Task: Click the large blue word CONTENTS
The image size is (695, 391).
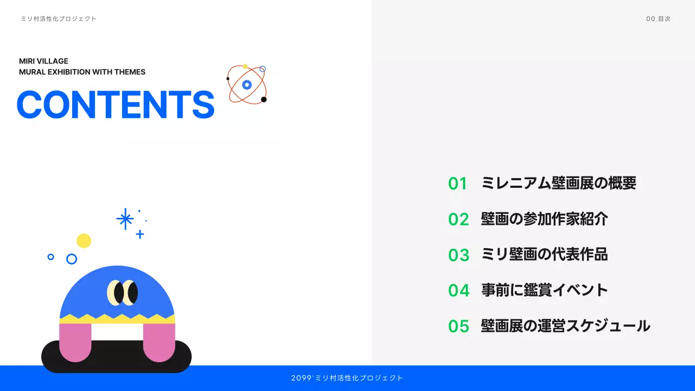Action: (116, 104)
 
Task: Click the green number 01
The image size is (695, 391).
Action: (458, 184)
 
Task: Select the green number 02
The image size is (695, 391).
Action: (458, 219)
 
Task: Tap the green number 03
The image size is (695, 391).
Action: (458, 255)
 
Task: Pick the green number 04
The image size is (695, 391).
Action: (458, 291)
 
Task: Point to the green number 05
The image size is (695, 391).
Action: (458, 326)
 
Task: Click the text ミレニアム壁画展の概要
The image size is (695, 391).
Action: (558, 183)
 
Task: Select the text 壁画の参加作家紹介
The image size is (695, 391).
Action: (544, 219)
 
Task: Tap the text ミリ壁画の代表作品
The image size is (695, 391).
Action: (544, 254)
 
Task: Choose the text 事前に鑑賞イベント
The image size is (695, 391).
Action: (544, 290)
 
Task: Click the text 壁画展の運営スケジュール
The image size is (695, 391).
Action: (565, 326)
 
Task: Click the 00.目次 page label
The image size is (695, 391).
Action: (658, 19)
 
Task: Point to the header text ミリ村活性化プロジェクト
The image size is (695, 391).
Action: (59, 19)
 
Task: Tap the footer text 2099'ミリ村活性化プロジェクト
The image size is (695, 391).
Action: (347, 378)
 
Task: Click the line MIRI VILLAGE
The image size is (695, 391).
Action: (43, 61)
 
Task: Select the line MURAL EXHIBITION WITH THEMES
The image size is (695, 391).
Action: (82, 72)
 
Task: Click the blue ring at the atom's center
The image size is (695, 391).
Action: (247, 85)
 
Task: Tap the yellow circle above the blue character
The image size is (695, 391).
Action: (84, 241)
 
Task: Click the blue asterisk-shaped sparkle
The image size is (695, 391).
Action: (125, 219)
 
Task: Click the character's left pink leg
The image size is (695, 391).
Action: (75, 342)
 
